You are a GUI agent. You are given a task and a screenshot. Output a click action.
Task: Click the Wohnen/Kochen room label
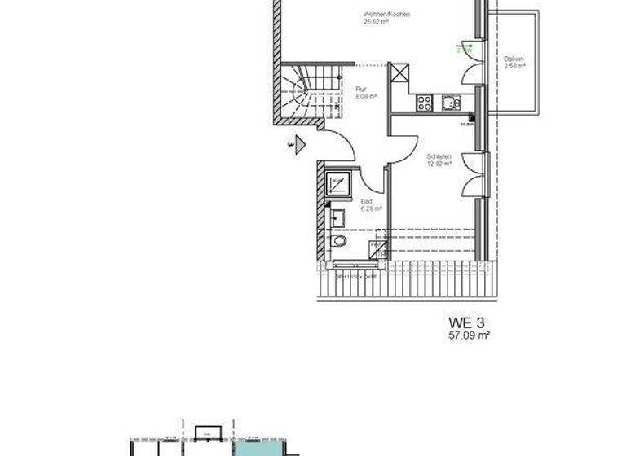coord(386,15)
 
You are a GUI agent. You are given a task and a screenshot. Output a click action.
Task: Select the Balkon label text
coord(513,59)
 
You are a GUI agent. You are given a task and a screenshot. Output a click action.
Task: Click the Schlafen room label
coord(439,156)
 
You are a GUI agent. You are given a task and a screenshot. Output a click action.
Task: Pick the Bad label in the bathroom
coord(365,201)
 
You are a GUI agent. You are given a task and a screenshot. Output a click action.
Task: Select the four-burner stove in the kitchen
coord(424,103)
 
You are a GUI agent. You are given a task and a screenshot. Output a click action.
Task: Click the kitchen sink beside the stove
coord(450,103)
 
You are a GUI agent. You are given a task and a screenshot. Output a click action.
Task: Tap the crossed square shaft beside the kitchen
coord(400,73)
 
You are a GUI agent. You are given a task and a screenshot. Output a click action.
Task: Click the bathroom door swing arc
coord(373,181)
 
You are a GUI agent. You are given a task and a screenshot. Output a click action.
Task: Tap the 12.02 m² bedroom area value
coord(439,164)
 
